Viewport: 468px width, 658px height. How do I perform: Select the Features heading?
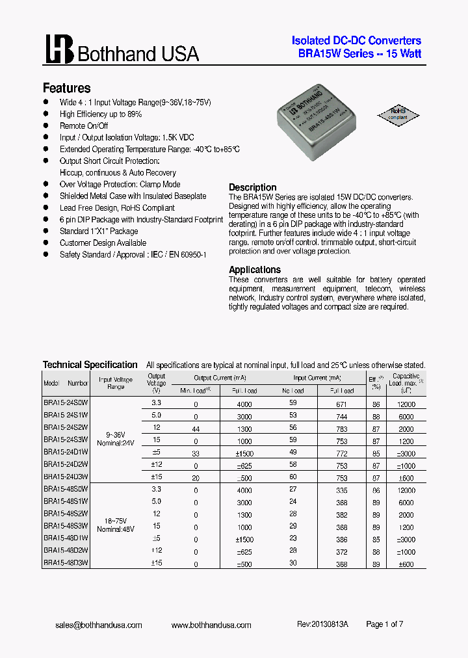(66, 88)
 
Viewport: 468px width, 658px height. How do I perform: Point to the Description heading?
(252, 187)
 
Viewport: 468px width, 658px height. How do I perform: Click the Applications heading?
(255, 270)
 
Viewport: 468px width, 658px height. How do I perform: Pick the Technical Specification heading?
(90, 365)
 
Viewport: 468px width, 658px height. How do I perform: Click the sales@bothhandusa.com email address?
(99, 625)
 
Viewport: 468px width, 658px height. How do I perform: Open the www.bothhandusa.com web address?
(211, 625)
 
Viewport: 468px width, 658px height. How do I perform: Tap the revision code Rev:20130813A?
(322, 624)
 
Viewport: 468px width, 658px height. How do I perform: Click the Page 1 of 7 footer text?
(385, 624)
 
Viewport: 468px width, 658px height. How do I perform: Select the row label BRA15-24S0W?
(66, 403)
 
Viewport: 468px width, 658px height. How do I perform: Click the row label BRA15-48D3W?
(66, 563)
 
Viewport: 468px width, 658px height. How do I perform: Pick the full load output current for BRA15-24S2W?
(244, 428)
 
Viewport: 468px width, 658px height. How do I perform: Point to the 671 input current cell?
(342, 404)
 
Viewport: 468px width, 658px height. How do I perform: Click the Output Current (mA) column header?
(220, 377)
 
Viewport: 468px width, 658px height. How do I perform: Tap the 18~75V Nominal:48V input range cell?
(115, 525)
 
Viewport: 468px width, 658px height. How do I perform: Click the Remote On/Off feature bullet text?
(84, 126)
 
